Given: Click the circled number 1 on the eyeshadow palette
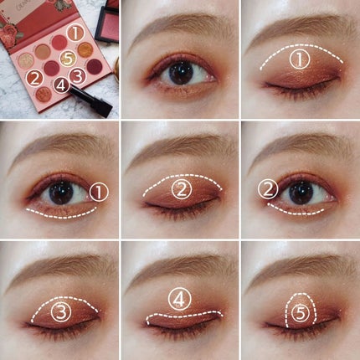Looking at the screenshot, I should (76, 33).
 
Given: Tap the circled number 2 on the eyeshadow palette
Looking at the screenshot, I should (34, 79).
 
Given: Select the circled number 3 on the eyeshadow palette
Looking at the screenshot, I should (77, 75).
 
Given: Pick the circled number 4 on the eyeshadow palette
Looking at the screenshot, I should (60, 84).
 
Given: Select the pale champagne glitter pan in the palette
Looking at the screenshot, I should (28, 61).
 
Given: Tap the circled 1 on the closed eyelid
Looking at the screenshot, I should (301, 59).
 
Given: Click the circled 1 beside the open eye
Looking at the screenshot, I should (99, 192).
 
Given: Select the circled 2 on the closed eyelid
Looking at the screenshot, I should (182, 188).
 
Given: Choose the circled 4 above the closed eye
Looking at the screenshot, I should (179, 299).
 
